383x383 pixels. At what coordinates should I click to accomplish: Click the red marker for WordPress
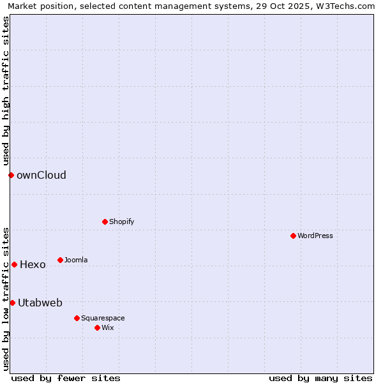tap(293, 236)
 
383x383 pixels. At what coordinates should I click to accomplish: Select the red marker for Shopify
tap(105, 222)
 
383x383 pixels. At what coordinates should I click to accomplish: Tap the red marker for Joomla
tap(60, 260)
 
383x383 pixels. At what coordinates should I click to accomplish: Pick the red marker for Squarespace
tap(77, 318)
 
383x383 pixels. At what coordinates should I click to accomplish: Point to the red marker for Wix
tap(97, 327)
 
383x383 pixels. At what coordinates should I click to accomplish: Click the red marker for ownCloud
tap(11, 175)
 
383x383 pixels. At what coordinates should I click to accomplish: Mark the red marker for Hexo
tap(14, 264)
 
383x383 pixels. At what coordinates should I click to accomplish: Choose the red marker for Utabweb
tap(12, 303)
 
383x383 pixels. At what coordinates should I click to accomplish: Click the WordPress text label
tap(315, 236)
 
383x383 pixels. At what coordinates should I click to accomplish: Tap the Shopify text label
tap(122, 222)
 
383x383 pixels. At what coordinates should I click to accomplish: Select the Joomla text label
tap(76, 260)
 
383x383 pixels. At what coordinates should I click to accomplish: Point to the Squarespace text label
tap(103, 318)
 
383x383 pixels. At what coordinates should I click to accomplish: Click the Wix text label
tap(107, 327)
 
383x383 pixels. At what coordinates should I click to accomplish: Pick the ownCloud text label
tap(41, 175)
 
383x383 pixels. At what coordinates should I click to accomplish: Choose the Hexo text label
tap(33, 264)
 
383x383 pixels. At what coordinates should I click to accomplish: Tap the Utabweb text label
tap(40, 303)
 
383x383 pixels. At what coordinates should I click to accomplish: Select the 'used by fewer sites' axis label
tap(66, 378)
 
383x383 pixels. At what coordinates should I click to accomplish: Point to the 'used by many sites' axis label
tap(320, 378)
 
